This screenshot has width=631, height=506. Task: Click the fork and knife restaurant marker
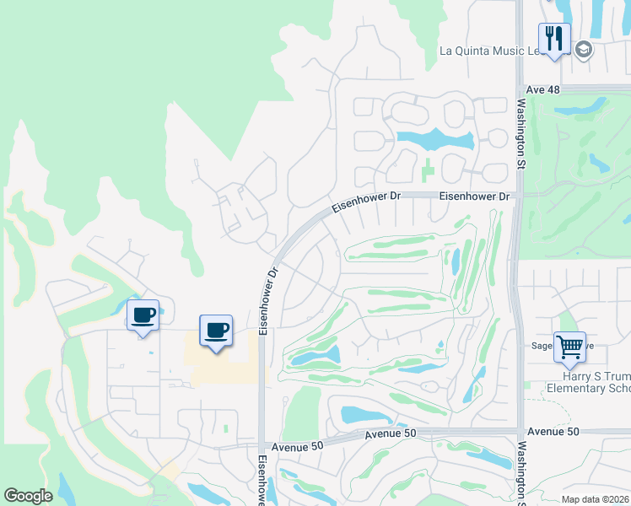(x=554, y=39)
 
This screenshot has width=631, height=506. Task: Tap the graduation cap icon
(x=583, y=51)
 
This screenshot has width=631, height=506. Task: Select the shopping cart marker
(x=571, y=346)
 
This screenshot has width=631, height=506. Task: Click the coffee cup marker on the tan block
(x=216, y=330)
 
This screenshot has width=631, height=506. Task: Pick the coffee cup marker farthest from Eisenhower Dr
(x=143, y=316)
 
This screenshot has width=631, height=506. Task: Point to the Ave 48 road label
(x=542, y=89)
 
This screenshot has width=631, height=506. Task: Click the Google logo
(x=29, y=496)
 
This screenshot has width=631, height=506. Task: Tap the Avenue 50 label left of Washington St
(x=391, y=433)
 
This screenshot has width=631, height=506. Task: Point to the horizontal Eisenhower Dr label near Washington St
(x=475, y=196)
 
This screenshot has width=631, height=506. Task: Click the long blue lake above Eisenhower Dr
(x=434, y=139)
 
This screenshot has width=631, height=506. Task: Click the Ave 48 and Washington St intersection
(x=520, y=88)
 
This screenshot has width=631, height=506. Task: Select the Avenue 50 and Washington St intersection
(x=520, y=431)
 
